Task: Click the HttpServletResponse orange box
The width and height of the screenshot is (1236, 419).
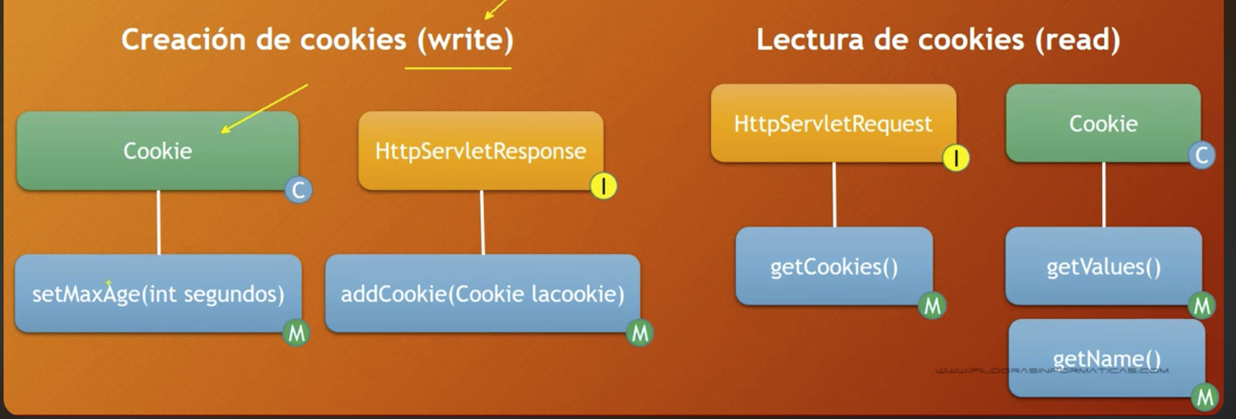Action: click(x=481, y=150)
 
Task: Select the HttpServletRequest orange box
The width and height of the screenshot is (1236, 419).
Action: click(x=833, y=123)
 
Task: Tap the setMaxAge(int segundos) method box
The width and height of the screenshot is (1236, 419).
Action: click(x=158, y=293)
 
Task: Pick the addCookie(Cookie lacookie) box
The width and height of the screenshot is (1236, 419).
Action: click(x=483, y=293)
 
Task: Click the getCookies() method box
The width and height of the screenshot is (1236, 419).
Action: click(x=834, y=266)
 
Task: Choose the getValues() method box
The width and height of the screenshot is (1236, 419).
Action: click(x=1103, y=266)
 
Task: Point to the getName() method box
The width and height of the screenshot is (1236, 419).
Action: click(x=1107, y=359)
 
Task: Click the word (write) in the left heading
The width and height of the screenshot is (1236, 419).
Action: click(x=466, y=40)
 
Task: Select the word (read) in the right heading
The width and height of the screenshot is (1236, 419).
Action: click(x=1078, y=40)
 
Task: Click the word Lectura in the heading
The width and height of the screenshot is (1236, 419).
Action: click(x=810, y=40)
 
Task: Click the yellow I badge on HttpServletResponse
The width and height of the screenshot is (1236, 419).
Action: click(x=604, y=186)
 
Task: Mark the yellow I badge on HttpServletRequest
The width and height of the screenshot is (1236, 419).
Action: click(x=956, y=158)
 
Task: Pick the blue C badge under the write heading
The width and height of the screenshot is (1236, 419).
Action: click(x=298, y=190)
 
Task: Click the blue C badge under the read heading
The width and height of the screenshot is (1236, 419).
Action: click(x=1201, y=156)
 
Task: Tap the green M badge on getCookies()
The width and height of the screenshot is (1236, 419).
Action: click(x=933, y=306)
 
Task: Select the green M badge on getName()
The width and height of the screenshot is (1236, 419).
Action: click(x=1205, y=397)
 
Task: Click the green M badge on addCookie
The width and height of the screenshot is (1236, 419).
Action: click(x=640, y=333)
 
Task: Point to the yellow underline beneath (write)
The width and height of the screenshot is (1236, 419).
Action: click(x=458, y=68)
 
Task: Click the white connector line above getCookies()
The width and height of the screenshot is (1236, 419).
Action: click(x=834, y=195)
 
